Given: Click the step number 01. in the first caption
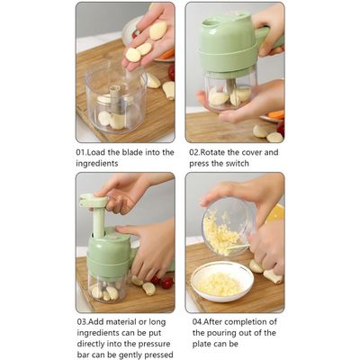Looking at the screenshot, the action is pyautogui.click(x=81, y=152).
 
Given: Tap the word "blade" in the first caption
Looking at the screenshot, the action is pyautogui.click(x=131, y=152).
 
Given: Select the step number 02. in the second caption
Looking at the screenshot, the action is pyautogui.click(x=194, y=152).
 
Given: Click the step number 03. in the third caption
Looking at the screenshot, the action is pyautogui.click(x=82, y=322).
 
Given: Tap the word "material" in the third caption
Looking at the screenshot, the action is pyautogui.click(x=121, y=322).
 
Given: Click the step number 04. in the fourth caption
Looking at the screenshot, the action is pyautogui.click(x=198, y=322).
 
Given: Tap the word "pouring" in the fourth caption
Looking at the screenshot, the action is pyautogui.click(x=237, y=333).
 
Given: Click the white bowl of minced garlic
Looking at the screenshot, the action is pyautogui.click(x=222, y=282).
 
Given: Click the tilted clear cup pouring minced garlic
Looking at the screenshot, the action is pyautogui.click(x=227, y=227).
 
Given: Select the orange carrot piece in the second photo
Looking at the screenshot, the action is pyautogui.click(x=276, y=114).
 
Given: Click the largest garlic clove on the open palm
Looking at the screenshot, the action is pyautogui.click(x=158, y=31).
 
